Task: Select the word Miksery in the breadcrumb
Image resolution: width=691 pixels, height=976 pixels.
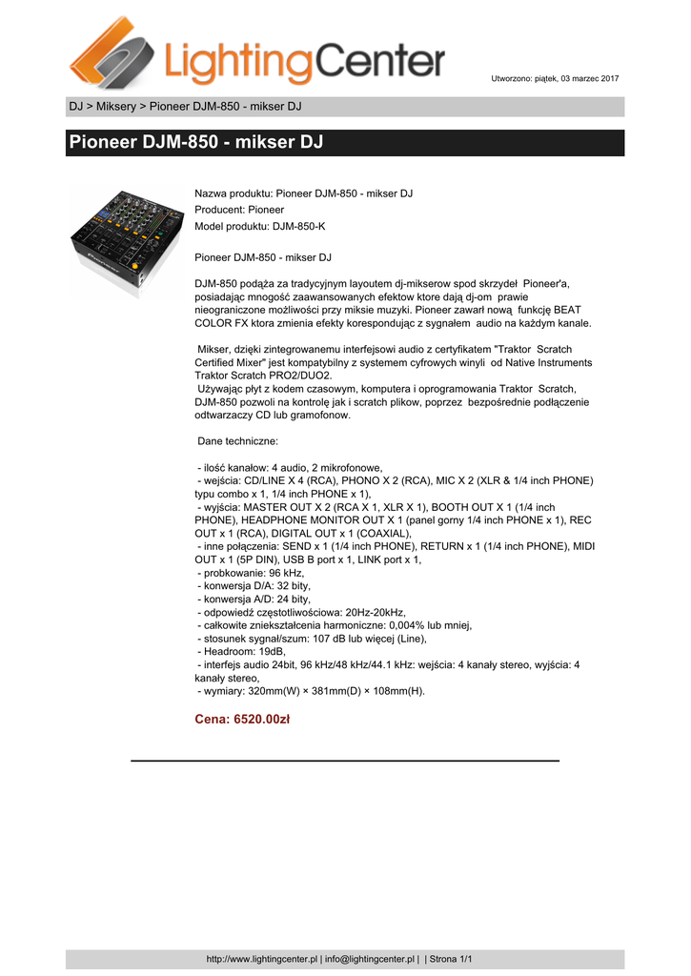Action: (x=115, y=106)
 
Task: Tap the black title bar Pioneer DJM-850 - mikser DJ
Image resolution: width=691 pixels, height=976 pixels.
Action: (x=345, y=143)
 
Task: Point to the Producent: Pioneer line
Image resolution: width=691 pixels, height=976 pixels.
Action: (x=239, y=209)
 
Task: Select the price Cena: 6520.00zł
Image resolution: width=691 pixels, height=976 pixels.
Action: (x=242, y=720)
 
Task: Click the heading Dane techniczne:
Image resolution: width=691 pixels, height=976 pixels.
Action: (x=237, y=442)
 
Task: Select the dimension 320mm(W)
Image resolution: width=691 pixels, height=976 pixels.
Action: (x=283, y=691)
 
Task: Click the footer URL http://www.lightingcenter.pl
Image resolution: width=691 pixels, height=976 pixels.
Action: (x=261, y=959)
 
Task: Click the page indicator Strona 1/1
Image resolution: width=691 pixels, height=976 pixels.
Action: (x=452, y=959)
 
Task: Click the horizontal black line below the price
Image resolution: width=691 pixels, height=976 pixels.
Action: (x=344, y=761)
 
